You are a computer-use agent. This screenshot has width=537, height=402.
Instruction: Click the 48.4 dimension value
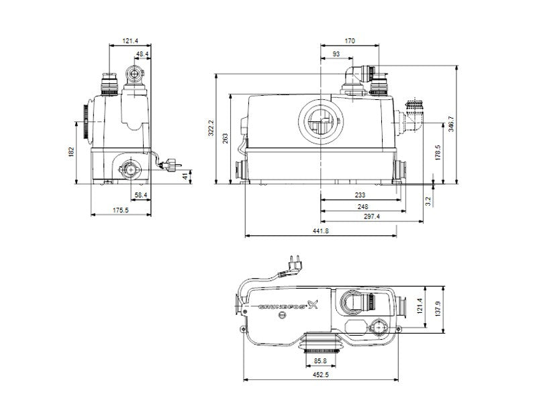tap(142, 54)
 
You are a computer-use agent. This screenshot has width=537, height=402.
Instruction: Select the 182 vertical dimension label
tap(71, 152)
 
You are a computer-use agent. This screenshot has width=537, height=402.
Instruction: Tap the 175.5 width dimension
tap(121, 210)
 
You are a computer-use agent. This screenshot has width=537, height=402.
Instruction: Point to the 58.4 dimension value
tap(141, 195)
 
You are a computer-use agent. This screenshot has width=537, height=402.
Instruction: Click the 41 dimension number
tap(185, 176)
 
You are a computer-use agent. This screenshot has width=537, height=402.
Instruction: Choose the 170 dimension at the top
tap(350, 41)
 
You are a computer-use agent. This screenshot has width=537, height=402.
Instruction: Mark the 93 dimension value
tap(336, 54)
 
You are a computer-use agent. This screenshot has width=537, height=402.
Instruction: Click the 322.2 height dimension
tap(211, 128)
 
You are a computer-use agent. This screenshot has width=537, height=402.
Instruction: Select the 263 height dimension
tap(225, 139)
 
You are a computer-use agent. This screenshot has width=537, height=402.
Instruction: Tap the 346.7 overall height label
tap(451, 124)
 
